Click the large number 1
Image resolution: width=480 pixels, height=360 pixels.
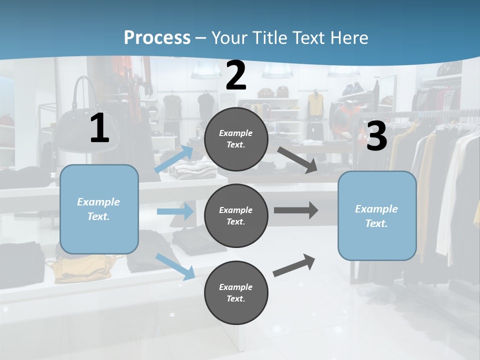[99, 128]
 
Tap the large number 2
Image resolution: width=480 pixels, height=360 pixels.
[236, 75]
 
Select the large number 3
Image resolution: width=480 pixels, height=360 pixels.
[376, 136]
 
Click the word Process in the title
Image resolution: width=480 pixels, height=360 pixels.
[157, 37]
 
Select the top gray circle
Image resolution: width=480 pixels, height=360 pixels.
[236, 139]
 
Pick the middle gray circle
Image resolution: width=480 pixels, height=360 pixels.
[236, 215]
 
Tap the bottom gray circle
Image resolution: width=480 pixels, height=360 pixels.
[236, 292]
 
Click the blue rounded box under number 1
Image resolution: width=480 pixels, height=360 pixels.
[99, 209]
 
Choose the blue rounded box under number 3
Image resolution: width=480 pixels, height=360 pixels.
[377, 215]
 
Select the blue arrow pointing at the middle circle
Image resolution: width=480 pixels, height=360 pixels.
[175, 211]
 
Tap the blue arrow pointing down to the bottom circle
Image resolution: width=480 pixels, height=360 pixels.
[175, 266]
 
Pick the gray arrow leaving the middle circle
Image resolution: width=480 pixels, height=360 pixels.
[296, 210]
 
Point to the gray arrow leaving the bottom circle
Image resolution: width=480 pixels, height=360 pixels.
[294, 265]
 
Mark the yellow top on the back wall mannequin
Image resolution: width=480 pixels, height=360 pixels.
[315, 104]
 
